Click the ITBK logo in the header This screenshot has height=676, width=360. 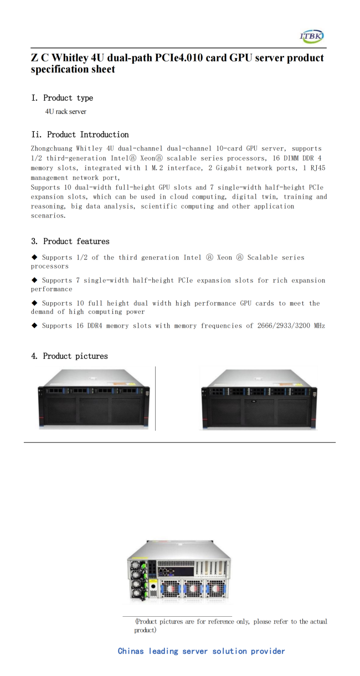tap(311, 37)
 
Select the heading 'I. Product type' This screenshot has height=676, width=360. tap(62, 98)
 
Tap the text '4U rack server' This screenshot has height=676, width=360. tap(66, 112)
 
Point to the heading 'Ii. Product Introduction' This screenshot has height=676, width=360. tap(80, 135)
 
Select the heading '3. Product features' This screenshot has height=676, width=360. tap(70, 241)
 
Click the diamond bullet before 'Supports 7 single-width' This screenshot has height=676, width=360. tap(35, 280)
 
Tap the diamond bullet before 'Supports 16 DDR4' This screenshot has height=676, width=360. tap(35, 326)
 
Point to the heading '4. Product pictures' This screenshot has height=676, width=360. tap(69, 356)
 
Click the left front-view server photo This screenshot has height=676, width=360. tap(92, 399)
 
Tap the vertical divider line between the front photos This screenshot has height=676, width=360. tap(156, 398)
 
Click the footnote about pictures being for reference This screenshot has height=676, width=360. tap(230, 626)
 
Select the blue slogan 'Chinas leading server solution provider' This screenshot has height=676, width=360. tap(201, 651)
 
